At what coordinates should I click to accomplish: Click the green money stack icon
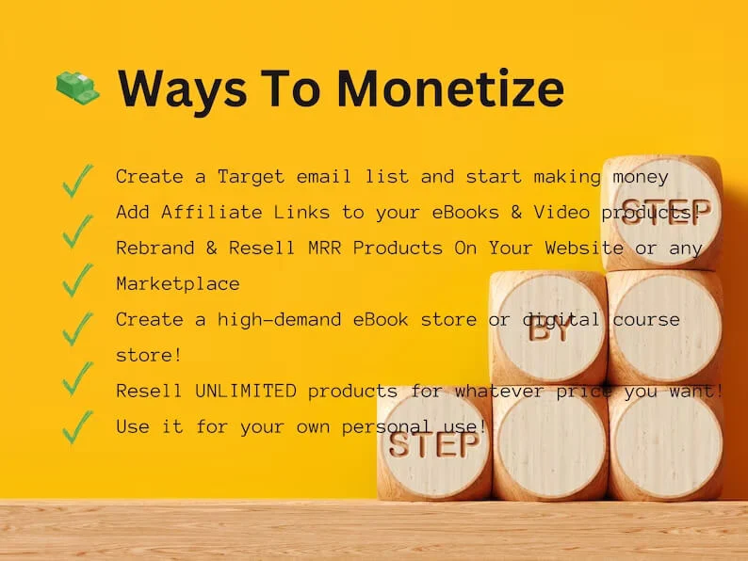coord(77,88)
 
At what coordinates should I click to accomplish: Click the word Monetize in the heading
coord(450,88)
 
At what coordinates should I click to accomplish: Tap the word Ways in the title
coord(178,88)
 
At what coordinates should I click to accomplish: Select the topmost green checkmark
coord(77,180)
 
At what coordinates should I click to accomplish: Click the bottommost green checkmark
coord(77,426)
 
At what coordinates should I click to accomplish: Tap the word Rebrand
coord(150,248)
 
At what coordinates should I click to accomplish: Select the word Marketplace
coord(178,284)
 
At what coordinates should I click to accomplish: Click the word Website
coord(585,248)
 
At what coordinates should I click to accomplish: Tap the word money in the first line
coord(642,177)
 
